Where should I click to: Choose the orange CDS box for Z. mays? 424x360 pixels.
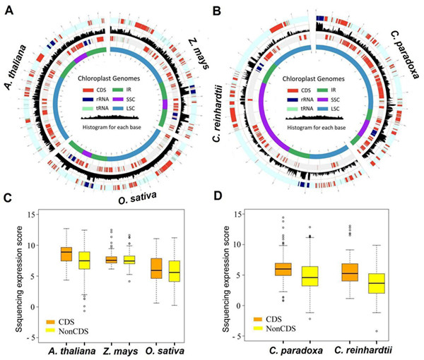pos(111,260)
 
